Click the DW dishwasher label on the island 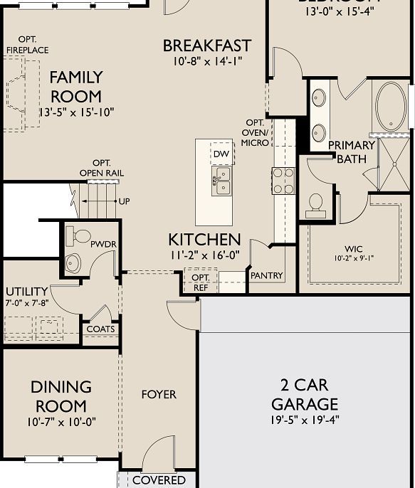(221, 153)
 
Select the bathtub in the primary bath (390, 107)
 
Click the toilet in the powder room (80, 235)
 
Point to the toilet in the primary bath (315, 205)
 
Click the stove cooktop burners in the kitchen (284, 180)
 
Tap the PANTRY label (266, 275)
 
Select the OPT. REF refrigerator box (201, 282)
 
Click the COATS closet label (100, 329)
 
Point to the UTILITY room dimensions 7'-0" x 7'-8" (26, 304)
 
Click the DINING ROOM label (61, 396)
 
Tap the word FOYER (159, 394)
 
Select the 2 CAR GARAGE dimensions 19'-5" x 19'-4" (305, 420)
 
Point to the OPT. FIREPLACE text (27, 44)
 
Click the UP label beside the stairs (125, 201)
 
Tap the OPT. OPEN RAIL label (101, 168)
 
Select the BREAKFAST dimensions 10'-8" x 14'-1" (207, 62)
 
